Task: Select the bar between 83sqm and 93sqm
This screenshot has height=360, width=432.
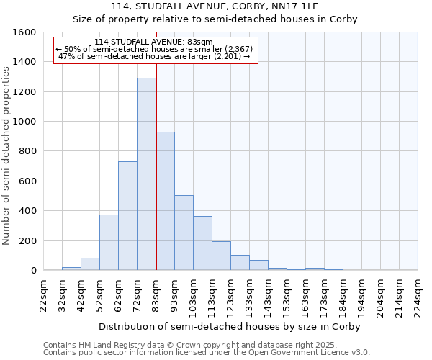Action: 165,202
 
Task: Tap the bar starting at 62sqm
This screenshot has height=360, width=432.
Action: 127,216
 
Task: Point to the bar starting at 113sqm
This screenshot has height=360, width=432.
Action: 221,256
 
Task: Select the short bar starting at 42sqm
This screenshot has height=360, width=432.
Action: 90,264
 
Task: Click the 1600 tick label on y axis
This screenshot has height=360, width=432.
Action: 25,32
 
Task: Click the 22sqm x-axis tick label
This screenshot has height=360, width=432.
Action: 43,294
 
